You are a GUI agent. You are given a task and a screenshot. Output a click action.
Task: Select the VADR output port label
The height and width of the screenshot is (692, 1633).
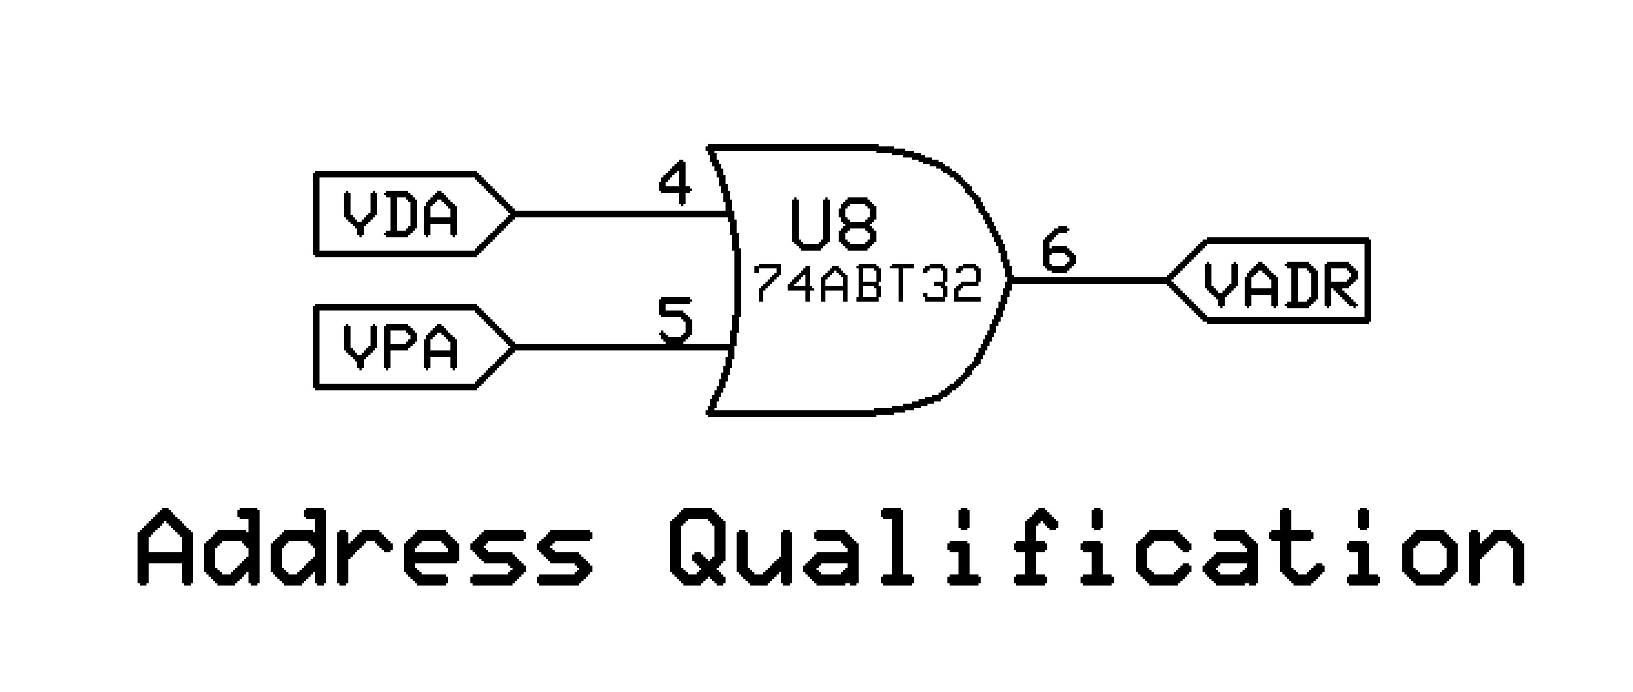(x=1281, y=281)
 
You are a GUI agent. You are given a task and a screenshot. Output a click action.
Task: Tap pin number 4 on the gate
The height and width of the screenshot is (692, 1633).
(x=676, y=184)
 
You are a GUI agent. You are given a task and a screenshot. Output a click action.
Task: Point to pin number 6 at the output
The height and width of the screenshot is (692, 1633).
(x=1059, y=250)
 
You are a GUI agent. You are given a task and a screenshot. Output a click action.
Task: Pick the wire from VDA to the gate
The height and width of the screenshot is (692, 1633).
(x=621, y=214)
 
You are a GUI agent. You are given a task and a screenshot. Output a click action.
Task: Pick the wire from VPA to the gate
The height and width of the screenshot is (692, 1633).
(x=621, y=347)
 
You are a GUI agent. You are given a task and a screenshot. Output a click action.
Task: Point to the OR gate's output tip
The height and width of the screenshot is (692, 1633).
(x=1009, y=279)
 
